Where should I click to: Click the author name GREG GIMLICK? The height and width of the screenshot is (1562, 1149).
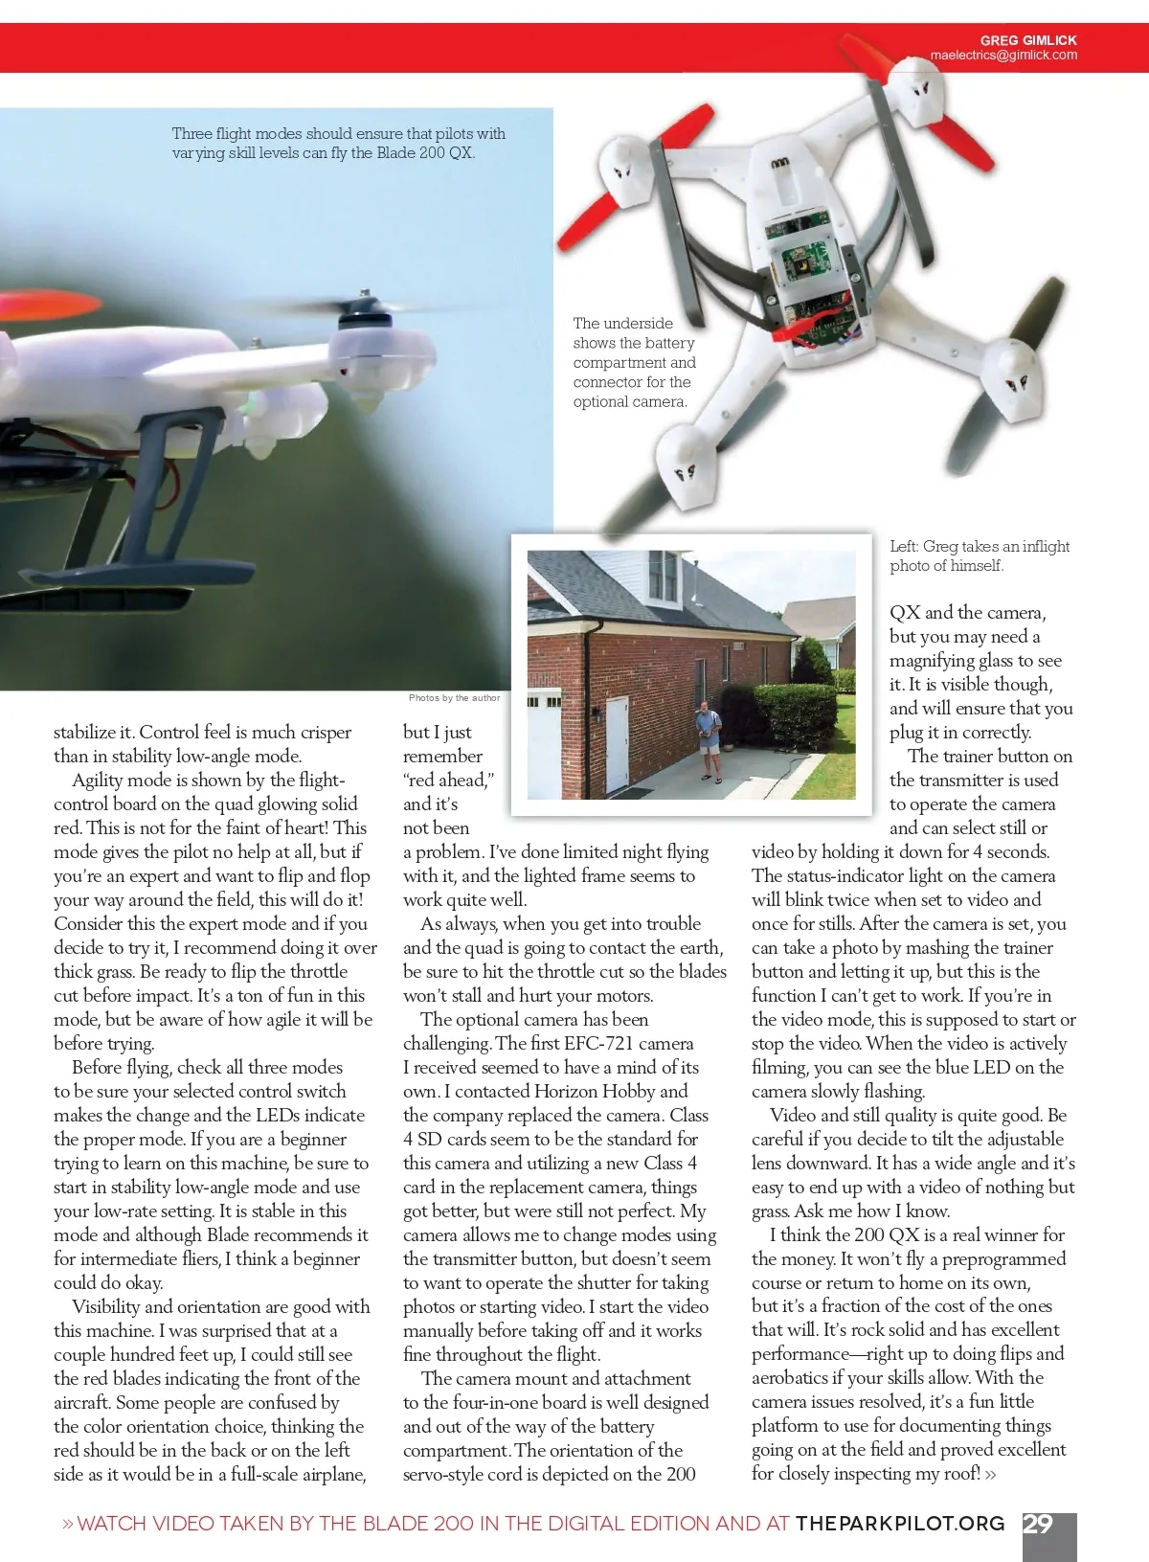pos(1028,40)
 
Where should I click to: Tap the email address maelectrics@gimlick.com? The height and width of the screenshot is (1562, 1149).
pos(1003,56)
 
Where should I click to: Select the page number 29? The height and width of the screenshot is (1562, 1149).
pos(1038,1524)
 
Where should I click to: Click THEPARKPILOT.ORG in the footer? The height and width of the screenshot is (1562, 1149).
pos(900,1524)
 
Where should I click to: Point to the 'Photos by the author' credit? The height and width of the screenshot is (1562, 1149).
pos(454,698)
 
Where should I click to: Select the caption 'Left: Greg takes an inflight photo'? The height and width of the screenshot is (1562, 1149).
pos(979,555)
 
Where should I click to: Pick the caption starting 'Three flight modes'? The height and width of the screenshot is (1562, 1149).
pos(338,143)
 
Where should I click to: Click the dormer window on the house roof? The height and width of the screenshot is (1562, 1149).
pos(662,576)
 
